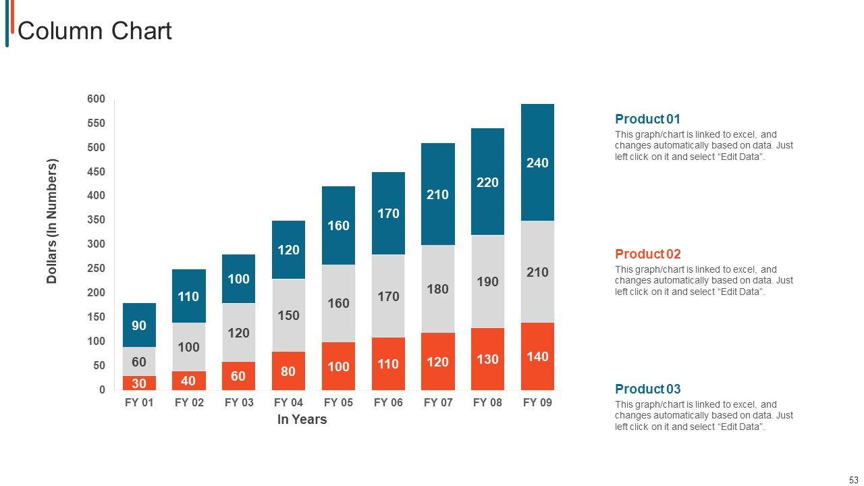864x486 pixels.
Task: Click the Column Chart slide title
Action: click(x=94, y=31)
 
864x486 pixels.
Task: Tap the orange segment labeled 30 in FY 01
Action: click(x=139, y=383)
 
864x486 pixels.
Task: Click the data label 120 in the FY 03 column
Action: click(x=238, y=333)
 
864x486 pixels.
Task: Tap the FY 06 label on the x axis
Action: click(x=388, y=403)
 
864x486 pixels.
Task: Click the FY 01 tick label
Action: click(x=139, y=403)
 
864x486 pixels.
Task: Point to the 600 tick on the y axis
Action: click(x=97, y=99)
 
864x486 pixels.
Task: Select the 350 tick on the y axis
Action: click(x=97, y=220)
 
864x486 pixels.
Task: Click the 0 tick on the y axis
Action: click(x=102, y=389)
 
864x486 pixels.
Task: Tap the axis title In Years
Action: click(x=302, y=419)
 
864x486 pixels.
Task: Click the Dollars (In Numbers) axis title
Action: click(x=53, y=221)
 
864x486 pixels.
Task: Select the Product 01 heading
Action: click(x=647, y=119)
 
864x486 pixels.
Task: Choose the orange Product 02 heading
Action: click(x=647, y=254)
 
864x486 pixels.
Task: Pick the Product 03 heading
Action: click(x=647, y=389)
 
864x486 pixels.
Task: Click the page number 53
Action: click(x=853, y=479)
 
